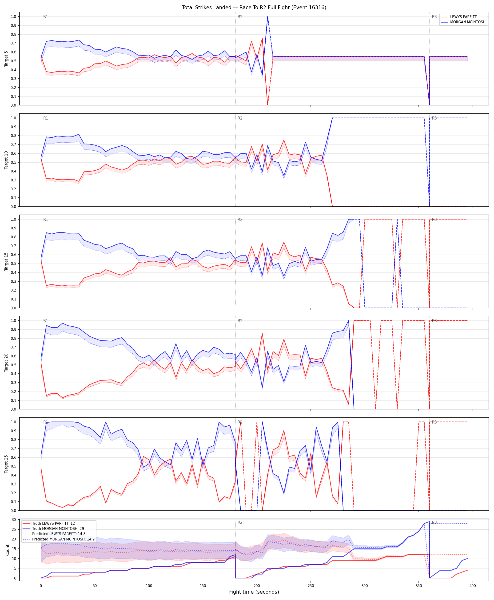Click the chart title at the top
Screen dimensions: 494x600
tap(254, 7)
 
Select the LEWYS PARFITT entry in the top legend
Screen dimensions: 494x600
tap(463, 17)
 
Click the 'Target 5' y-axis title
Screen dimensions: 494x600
tap(6, 59)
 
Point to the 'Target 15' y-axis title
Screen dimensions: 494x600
tap(6, 261)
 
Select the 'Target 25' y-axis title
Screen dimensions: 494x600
tap(6, 464)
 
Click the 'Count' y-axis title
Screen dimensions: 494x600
tap(7, 550)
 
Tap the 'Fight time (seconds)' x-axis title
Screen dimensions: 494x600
tap(254, 592)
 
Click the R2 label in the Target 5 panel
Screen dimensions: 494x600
tap(240, 17)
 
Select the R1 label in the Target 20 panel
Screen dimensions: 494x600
tap(46, 321)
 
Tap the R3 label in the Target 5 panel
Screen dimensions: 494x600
tap(434, 17)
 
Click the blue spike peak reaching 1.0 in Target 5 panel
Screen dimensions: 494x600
tap(267, 16)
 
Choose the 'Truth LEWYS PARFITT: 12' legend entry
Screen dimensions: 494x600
tap(53, 524)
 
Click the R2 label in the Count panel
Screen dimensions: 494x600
tap(240, 522)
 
